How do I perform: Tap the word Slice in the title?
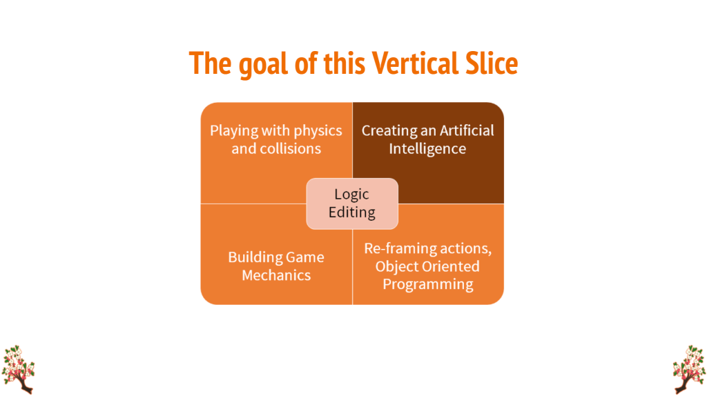click(492, 63)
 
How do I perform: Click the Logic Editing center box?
click(352, 204)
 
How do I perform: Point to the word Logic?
click(351, 195)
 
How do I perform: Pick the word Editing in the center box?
click(351, 212)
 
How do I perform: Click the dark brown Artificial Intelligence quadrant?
click(428, 153)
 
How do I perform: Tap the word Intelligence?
click(427, 149)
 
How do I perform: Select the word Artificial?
click(467, 130)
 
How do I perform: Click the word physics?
click(318, 131)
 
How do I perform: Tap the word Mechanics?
click(276, 275)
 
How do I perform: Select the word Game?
click(304, 257)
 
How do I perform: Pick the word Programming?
click(428, 285)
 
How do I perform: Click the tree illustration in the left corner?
click(18, 369)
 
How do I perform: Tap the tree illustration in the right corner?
click(690, 369)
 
